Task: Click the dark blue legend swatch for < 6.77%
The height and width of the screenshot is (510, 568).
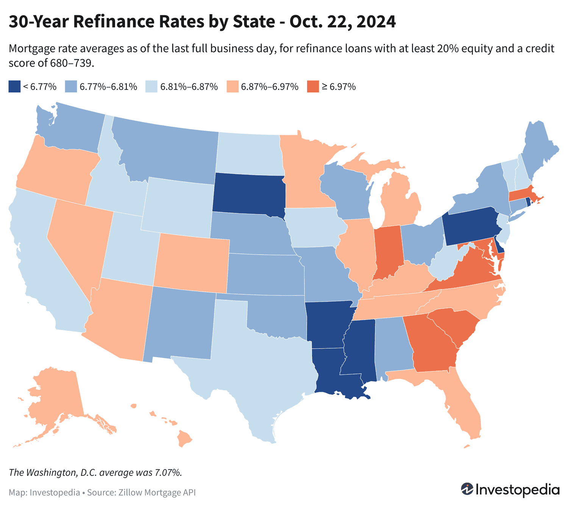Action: (14, 86)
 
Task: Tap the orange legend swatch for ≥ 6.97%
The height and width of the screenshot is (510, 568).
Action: (313, 86)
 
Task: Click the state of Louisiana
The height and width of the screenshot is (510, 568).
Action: (333, 373)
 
